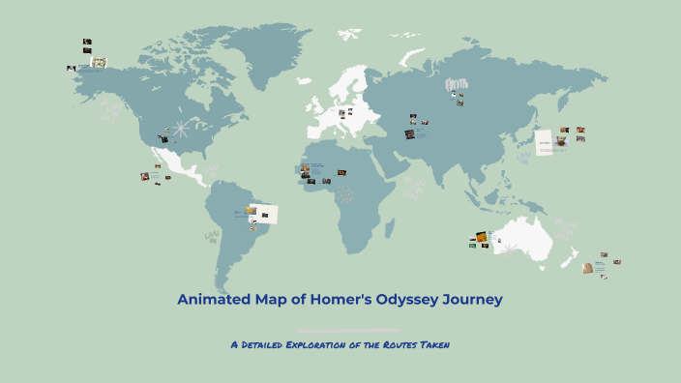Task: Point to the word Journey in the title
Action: (x=472, y=300)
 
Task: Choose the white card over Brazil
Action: (x=266, y=213)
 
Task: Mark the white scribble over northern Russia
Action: (x=456, y=86)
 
